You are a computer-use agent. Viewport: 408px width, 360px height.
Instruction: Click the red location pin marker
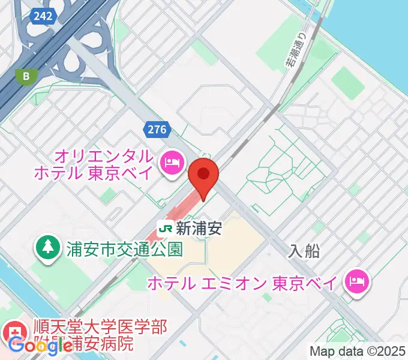tap(203, 176)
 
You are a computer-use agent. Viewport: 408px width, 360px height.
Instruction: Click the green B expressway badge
tap(26, 76)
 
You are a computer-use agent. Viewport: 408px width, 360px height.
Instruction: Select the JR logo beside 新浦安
tap(166, 228)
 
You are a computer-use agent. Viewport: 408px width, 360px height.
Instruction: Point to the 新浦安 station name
tap(199, 228)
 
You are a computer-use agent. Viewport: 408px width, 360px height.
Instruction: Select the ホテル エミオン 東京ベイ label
tap(244, 282)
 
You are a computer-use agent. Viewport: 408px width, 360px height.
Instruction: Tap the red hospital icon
tap(11, 331)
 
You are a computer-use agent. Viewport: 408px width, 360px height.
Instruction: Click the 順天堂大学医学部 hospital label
tap(100, 328)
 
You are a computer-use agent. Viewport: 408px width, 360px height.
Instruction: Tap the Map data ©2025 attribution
tap(356, 350)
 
